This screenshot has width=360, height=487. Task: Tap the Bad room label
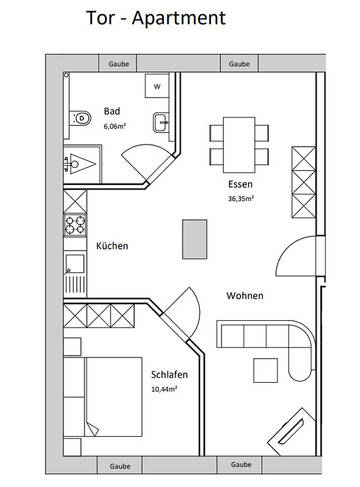112,112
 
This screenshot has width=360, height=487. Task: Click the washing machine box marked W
156,87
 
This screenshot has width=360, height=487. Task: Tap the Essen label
237,185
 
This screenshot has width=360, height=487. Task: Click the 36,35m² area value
240,198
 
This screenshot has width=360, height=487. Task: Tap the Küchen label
113,245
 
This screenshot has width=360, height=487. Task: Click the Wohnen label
245,296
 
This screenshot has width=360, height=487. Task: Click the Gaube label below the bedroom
119,465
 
